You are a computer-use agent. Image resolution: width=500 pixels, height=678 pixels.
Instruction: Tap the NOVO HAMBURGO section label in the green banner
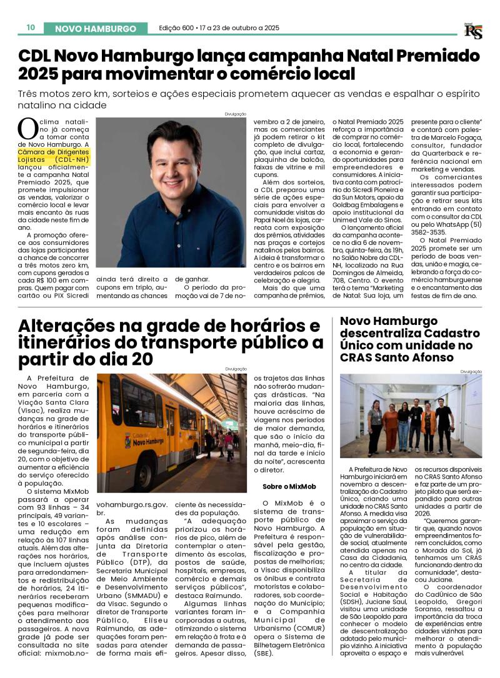pyautogui.click(x=96, y=29)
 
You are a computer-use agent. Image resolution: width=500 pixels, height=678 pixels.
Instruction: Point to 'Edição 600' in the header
pyautogui.click(x=176, y=28)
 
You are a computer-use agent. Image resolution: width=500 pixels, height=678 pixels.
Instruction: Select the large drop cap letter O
pyautogui.click(x=28, y=129)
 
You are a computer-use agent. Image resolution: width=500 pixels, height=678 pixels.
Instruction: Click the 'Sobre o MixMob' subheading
pyautogui.click(x=289, y=486)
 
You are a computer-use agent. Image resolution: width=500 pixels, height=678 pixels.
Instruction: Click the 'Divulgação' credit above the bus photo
pyautogui.click(x=236, y=369)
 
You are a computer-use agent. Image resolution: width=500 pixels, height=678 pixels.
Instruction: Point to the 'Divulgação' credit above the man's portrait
pyautogui.click(x=236, y=114)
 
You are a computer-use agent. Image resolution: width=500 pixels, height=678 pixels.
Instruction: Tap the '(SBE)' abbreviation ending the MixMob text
pyautogui.click(x=265, y=653)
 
